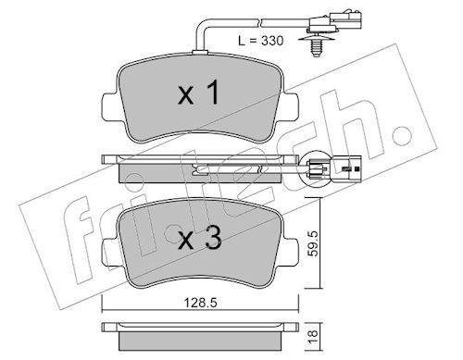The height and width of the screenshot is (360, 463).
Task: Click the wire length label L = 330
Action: coord(261,41)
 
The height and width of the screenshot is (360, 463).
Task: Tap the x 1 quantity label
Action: coord(199,92)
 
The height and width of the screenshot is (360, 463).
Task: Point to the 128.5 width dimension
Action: coord(201,303)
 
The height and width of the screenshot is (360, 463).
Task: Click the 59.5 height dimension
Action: coord(313,244)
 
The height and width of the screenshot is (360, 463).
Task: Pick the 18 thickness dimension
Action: coord(313,333)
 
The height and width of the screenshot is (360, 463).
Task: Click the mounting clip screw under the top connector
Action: coord(315,47)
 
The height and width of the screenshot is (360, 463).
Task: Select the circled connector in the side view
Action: coord(316,168)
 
